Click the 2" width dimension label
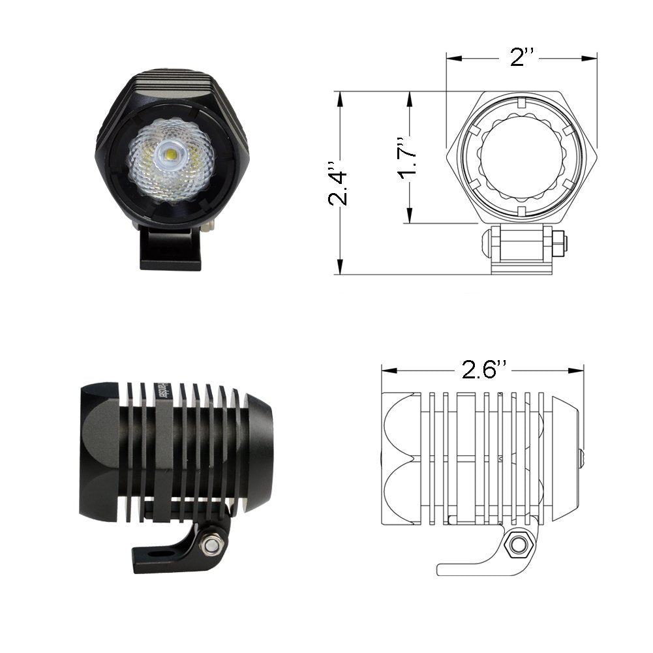point(522,57)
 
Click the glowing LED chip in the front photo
point(171,155)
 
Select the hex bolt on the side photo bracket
point(211,543)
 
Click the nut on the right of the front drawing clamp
point(560,243)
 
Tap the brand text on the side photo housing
point(162,391)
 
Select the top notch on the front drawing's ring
point(521,102)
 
